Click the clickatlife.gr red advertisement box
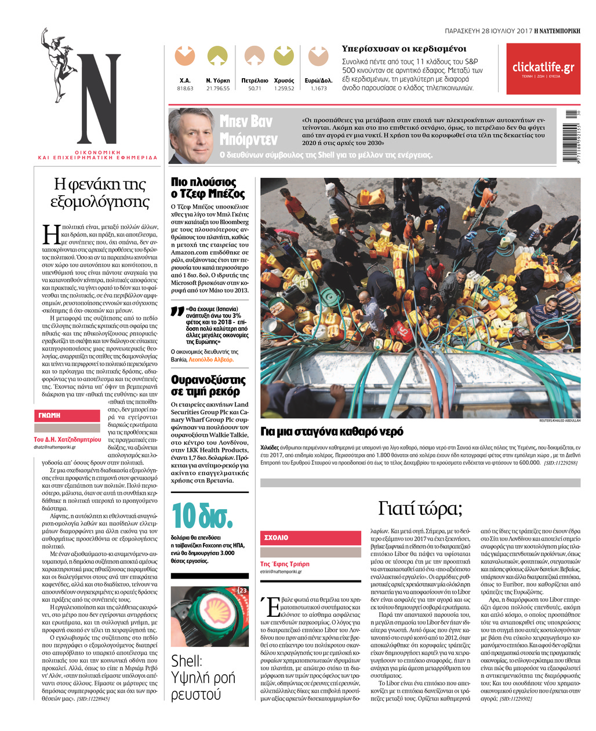pyautogui.click(x=543, y=68)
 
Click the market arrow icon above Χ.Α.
pyautogui.click(x=185, y=56)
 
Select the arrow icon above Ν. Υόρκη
pyautogui.click(x=217, y=56)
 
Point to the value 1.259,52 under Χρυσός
pyautogui.click(x=284, y=89)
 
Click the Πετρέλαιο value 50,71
pyautogui.click(x=255, y=89)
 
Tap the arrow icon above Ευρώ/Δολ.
pyautogui.click(x=318, y=56)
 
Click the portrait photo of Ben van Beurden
pyautogui.click(x=191, y=136)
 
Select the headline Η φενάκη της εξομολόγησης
pyautogui.click(x=100, y=193)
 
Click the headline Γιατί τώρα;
pyautogui.click(x=420, y=509)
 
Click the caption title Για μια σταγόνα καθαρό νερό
pyautogui.click(x=332, y=432)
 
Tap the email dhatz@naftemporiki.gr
pyautogui.click(x=59, y=448)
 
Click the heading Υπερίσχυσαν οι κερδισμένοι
pyautogui.click(x=404, y=49)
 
